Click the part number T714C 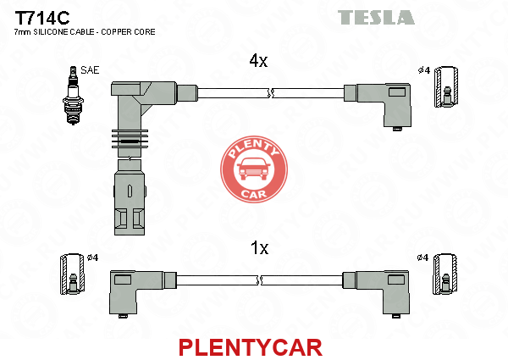(x=42, y=18)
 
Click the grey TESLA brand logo (x=376, y=17)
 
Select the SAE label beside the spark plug (x=90, y=70)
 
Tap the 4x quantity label (x=258, y=61)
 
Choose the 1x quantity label (x=260, y=248)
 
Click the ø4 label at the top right (x=424, y=70)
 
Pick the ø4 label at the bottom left (x=92, y=258)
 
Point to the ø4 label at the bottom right (x=422, y=258)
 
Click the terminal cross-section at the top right (x=446, y=86)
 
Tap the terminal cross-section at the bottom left (x=73, y=274)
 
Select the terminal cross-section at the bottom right (x=445, y=274)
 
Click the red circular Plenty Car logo (x=254, y=169)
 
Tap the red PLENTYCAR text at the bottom (x=251, y=347)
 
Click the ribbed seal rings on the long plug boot (x=130, y=139)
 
